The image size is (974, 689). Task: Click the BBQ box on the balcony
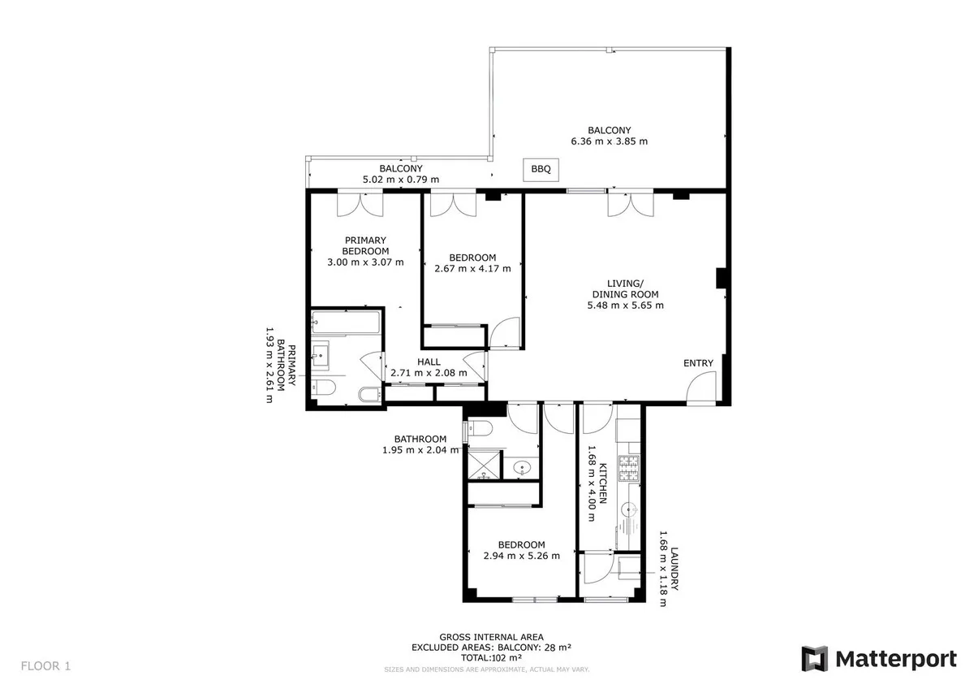point(541,169)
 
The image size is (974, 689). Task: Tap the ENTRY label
point(698,363)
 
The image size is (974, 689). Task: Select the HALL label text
point(429,362)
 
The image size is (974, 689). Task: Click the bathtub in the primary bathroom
point(346,323)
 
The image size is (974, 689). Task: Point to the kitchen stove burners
point(629,468)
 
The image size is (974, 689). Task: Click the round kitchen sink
point(629,509)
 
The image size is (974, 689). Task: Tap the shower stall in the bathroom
point(484,466)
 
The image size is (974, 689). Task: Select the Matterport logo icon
point(814,659)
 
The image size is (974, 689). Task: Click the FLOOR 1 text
point(45,665)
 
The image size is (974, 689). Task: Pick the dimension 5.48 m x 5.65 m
point(625,305)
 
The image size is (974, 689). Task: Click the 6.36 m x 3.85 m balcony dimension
point(609,141)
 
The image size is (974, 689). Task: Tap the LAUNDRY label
point(674,569)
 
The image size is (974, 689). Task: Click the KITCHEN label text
point(602,483)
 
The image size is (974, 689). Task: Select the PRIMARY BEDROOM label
point(365,245)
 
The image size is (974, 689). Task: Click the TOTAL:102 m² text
point(491,657)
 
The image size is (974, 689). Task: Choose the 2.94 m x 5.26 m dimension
point(521,556)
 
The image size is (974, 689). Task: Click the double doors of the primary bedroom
point(360,204)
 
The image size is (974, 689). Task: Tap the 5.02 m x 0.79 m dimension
point(400,180)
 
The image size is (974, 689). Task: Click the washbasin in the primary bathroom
point(320,356)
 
